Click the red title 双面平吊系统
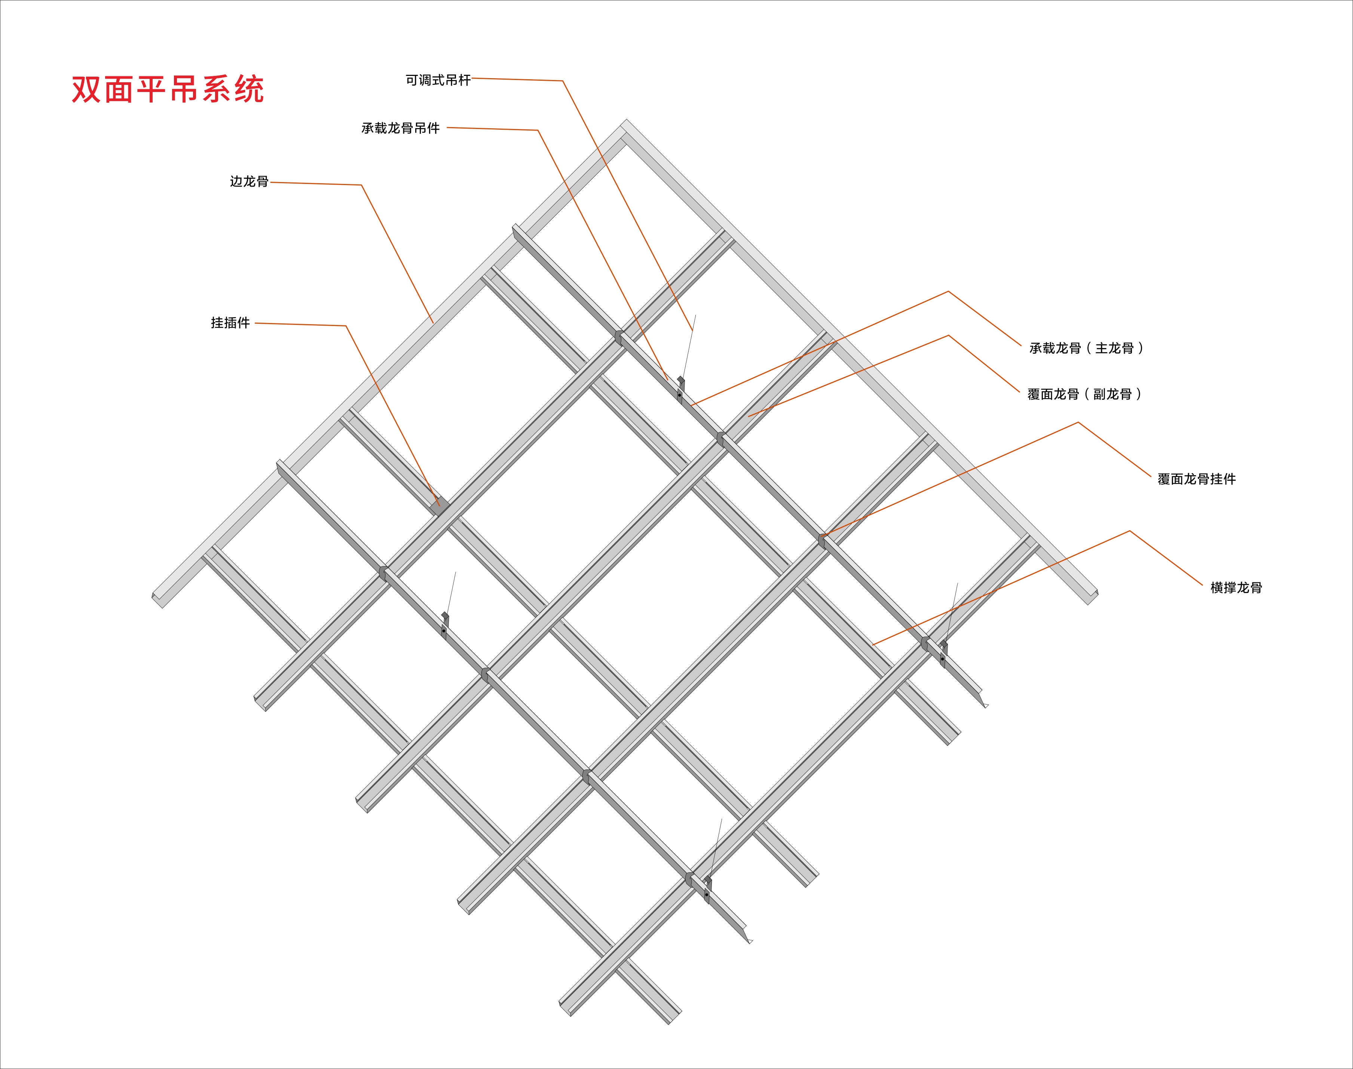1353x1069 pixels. [168, 89]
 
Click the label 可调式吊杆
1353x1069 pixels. [438, 80]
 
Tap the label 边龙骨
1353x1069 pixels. [249, 181]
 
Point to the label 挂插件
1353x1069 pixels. [230, 323]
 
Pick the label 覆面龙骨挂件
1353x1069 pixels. [1197, 479]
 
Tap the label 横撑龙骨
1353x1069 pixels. [1236, 588]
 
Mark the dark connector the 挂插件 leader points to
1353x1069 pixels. [440, 506]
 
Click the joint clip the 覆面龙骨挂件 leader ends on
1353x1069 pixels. [822, 541]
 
